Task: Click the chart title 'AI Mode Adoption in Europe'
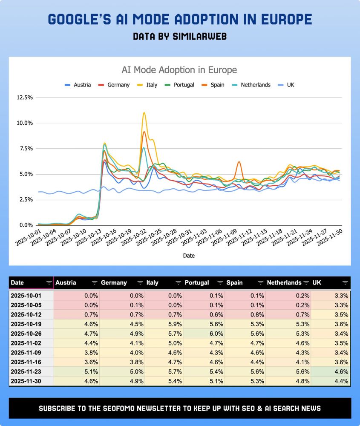[x=179, y=70]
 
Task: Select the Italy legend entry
[x=151, y=85]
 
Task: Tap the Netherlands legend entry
[x=255, y=85]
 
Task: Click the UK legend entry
[x=290, y=85]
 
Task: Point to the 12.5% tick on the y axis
[x=24, y=98]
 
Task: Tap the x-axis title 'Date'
[x=189, y=256]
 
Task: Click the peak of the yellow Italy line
[x=144, y=113]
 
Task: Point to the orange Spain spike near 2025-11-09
[x=239, y=162]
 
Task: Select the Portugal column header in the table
[x=197, y=282]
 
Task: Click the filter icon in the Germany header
[x=140, y=283]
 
